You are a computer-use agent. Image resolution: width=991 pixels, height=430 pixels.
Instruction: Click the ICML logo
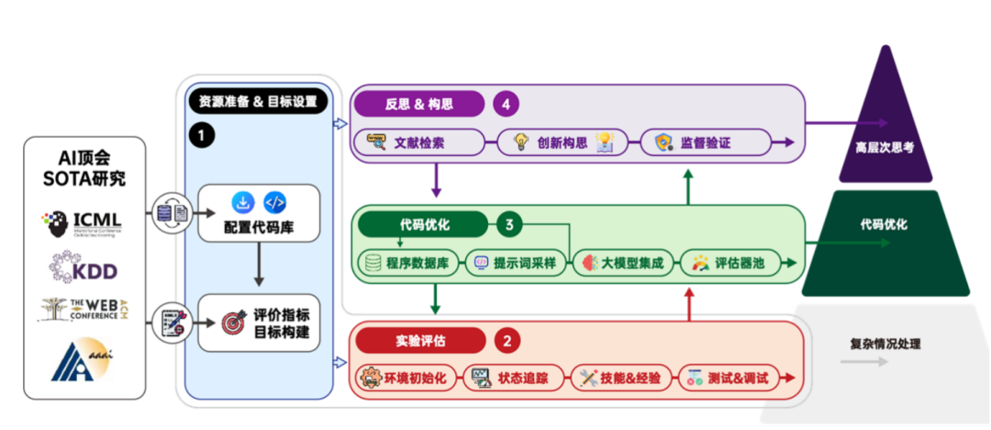(x=82, y=222)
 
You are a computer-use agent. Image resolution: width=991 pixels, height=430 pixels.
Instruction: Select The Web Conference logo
(x=82, y=310)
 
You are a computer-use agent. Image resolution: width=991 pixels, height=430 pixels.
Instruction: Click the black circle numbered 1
(x=201, y=135)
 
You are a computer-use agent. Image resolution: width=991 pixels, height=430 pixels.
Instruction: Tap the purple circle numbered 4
(x=506, y=104)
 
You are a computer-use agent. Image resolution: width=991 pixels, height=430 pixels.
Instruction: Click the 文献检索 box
(x=418, y=142)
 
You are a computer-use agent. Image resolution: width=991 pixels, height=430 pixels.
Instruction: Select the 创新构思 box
(x=561, y=142)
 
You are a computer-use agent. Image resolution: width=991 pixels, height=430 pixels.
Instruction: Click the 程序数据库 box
(x=408, y=263)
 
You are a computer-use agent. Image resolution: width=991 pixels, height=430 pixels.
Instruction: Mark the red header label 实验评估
(x=420, y=341)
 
